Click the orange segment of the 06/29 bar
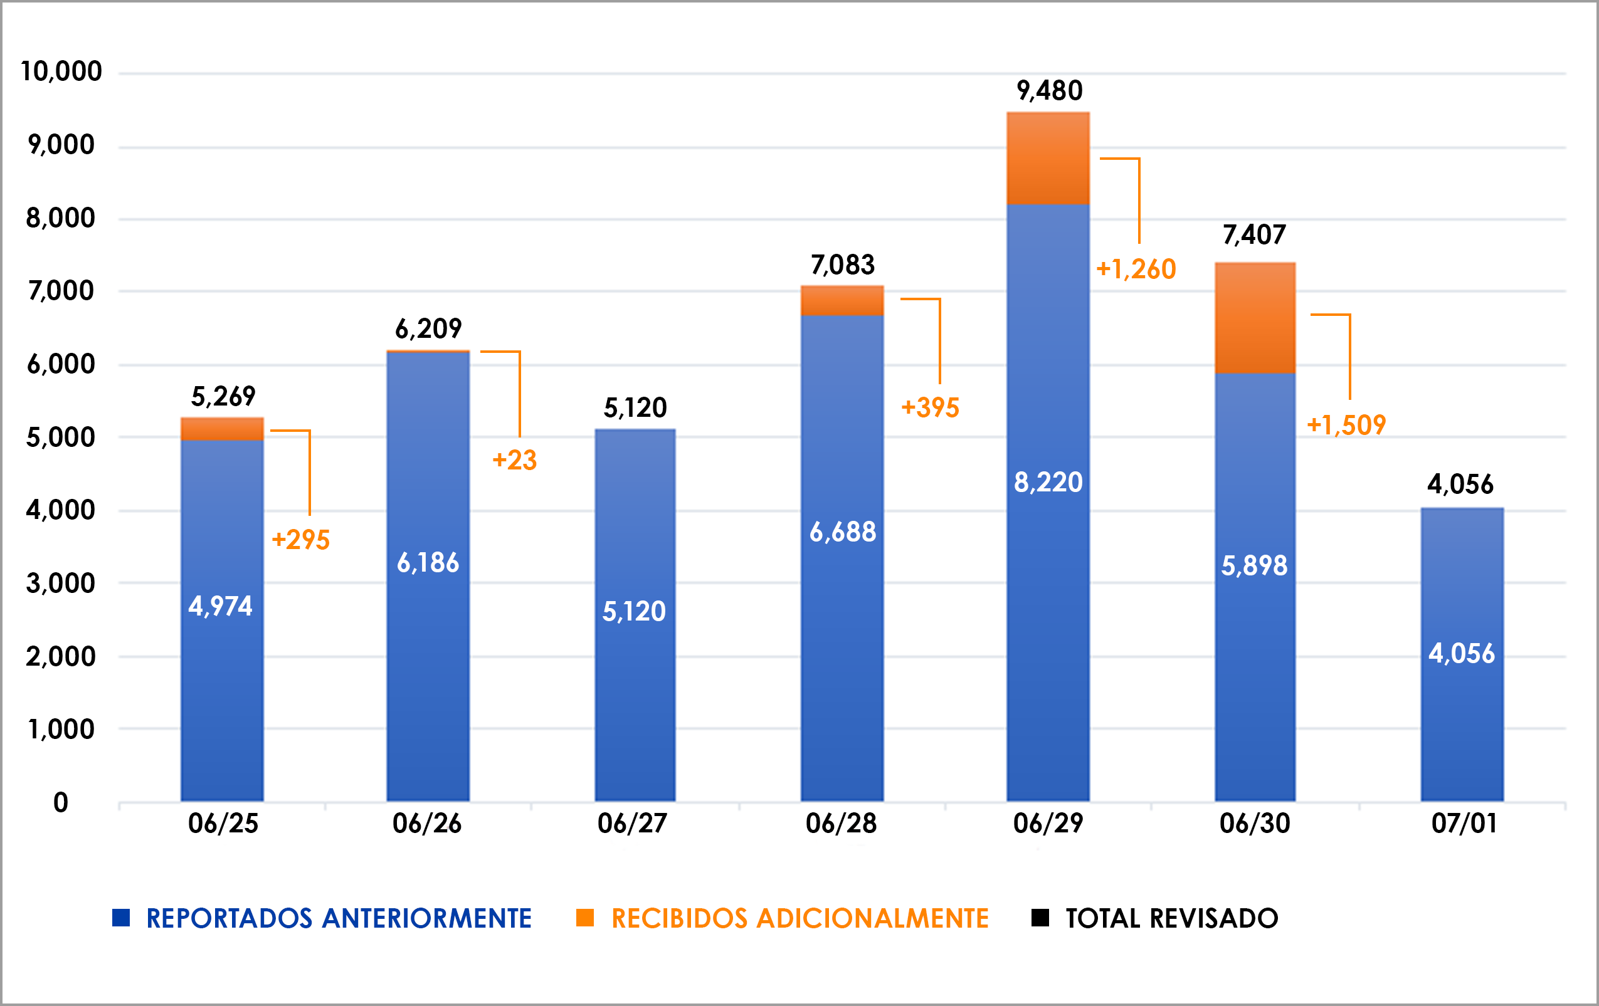[1048, 158]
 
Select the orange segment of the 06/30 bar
[1255, 317]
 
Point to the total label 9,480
[1049, 91]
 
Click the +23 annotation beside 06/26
[515, 460]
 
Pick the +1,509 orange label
[1346, 425]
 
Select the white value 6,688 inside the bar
[843, 532]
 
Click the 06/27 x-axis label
[631, 824]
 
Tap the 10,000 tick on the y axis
[61, 71]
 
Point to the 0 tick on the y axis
[60, 803]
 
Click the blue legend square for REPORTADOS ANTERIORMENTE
[121, 918]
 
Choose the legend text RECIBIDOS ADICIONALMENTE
[799, 918]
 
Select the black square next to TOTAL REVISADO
[1040, 918]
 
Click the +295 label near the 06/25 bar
[301, 540]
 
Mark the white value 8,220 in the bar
[1048, 483]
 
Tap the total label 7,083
[843, 265]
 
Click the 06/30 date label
[1254, 824]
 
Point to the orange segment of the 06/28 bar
[842, 301]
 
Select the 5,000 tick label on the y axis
[60, 438]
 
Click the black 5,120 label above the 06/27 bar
[635, 407]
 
